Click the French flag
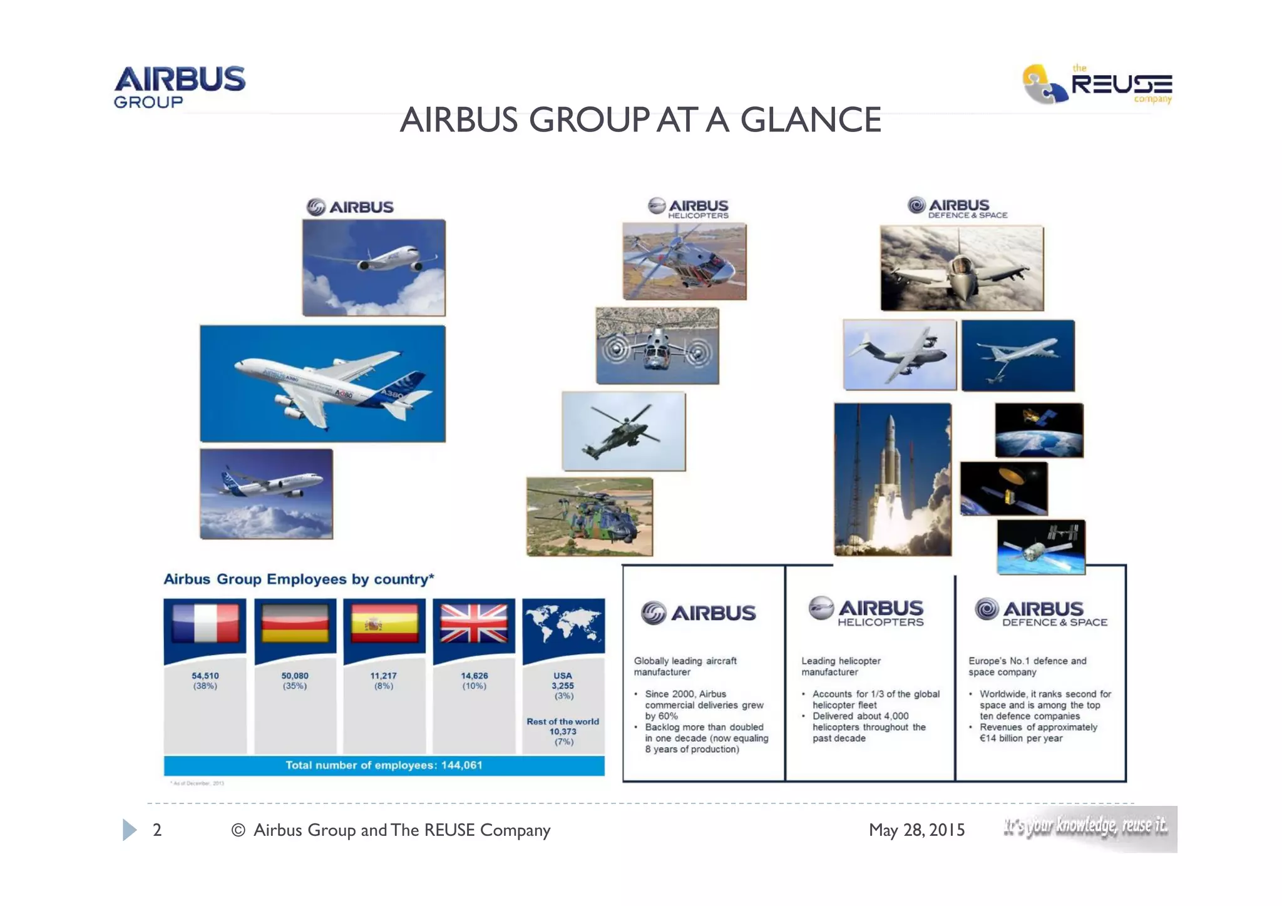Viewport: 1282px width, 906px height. pyautogui.click(x=205, y=623)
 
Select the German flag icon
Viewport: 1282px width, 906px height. pyautogui.click(x=295, y=623)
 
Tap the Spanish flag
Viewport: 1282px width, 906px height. pyautogui.click(x=384, y=623)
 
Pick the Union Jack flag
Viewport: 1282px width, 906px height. pyautogui.click(x=474, y=623)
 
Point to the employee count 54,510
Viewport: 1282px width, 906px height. pyautogui.click(x=205, y=676)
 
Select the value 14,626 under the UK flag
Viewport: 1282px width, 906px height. pyautogui.click(x=474, y=676)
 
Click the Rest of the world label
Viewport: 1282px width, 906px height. pyautogui.click(x=563, y=721)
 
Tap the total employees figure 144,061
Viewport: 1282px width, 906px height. pyautogui.click(x=461, y=765)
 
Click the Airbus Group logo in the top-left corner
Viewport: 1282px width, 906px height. pyautogui.click(x=180, y=87)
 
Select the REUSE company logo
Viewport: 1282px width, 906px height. pyautogui.click(x=1097, y=84)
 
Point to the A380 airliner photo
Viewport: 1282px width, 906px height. pyautogui.click(x=322, y=383)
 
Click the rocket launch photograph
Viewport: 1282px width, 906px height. pyautogui.click(x=893, y=479)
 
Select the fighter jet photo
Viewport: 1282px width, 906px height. pyautogui.click(x=961, y=268)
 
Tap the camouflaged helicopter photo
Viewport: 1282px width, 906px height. pyautogui.click(x=589, y=517)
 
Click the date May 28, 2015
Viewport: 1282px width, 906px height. pyautogui.click(x=916, y=830)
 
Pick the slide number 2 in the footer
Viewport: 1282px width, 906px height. pyautogui.click(x=157, y=830)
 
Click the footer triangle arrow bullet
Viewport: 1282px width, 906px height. pyautogui.click(x=129, y=830)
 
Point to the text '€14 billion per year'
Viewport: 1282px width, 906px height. pyautogui.click(x=1021, y=738)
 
